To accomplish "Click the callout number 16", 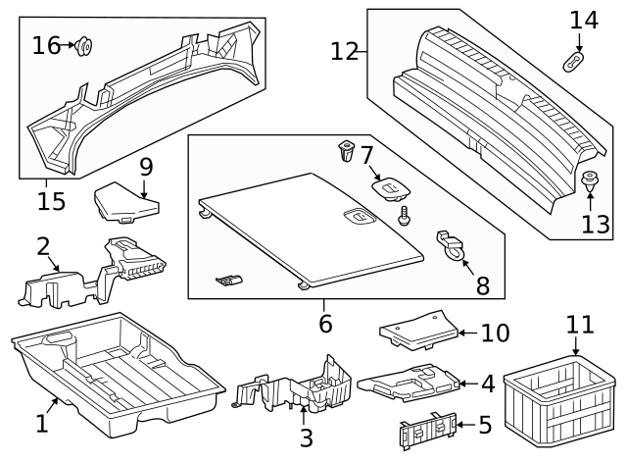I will [45, 45].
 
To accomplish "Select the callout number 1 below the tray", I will [41, 424].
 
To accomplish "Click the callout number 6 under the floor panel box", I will [325, 321].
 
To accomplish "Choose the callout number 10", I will [496, 334].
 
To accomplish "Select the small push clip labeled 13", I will [591, 182].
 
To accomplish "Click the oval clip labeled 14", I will [577, 62].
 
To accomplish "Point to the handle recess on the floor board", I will [358, 217].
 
